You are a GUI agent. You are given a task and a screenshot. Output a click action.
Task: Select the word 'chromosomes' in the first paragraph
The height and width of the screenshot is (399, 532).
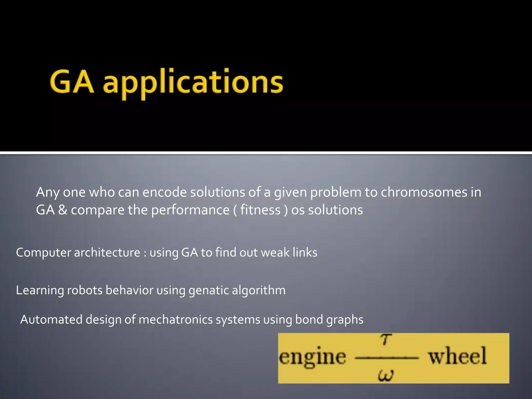424,192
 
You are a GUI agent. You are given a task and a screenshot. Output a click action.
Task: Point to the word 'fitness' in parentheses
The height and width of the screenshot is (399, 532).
260,210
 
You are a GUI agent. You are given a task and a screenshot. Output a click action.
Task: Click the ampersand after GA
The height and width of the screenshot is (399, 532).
63,210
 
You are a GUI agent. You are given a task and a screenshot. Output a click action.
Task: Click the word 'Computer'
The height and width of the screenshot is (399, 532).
43,253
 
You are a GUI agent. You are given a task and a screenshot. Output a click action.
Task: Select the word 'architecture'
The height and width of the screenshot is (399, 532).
107,253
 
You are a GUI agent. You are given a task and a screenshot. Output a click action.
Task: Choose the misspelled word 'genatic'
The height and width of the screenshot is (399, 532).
209,290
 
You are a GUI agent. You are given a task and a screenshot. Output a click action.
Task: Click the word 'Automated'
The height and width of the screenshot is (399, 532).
51,320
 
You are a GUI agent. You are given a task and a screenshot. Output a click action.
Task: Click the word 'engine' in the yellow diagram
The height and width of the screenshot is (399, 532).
312,357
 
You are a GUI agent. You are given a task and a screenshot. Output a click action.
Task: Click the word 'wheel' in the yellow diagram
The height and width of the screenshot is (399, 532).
457,356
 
